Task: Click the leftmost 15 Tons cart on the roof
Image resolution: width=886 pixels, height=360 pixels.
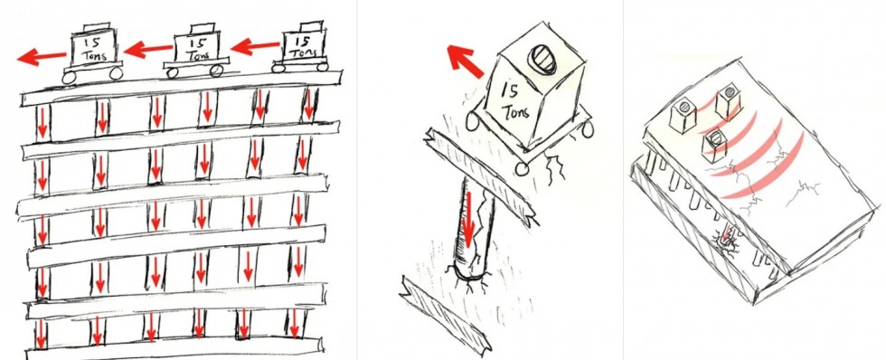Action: click(92, 53)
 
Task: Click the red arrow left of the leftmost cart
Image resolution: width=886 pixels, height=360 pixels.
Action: click(42, 56)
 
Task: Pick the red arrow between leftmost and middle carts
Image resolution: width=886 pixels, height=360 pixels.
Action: click(148, 49)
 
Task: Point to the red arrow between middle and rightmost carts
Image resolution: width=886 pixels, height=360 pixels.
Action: click(255, 45)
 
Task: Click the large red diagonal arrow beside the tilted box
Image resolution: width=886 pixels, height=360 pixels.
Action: click(465, 61)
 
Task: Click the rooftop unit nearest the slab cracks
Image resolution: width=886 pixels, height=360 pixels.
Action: click(714, 146)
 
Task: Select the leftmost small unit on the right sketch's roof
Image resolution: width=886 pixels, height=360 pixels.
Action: click(682, 118)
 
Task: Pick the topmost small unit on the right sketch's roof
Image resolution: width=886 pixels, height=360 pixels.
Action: click(728, 101)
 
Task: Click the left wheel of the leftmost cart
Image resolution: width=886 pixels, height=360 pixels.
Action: click(69, 78)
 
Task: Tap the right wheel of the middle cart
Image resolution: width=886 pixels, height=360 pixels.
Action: click(216, 71)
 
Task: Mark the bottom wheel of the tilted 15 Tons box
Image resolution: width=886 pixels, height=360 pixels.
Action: click(523, 169)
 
